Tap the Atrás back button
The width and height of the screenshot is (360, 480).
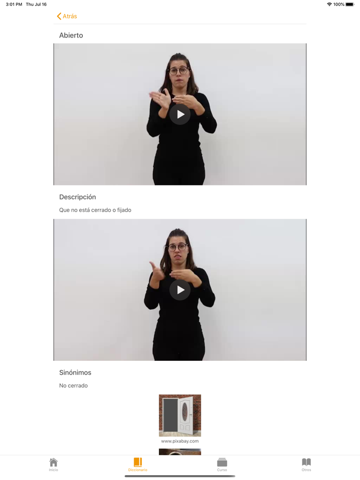coord(67,16)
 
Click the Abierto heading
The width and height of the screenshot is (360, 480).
coord(71,35)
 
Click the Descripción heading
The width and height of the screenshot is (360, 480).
coord(78,197)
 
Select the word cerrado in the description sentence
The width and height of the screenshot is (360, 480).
coord(101,210)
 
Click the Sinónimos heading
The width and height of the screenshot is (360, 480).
coord(75,373)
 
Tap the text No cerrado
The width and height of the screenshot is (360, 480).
coord(74,386)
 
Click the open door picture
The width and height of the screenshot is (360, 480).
coord(180,415)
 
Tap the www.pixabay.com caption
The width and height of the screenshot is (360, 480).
coord(180,441)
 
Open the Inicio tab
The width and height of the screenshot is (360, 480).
coord(53,465)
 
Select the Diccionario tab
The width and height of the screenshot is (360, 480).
coord(138,465)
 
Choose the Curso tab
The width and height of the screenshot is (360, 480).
coord(222,465)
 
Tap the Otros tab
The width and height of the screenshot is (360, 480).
coord(307,465)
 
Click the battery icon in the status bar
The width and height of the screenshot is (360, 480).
coord(350,4)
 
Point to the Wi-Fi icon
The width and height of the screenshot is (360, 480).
coord(329,4)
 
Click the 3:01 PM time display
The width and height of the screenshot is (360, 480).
coord(14,4)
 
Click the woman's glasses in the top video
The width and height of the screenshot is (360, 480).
coord(179,71)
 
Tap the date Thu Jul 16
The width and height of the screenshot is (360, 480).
coord(36,4)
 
